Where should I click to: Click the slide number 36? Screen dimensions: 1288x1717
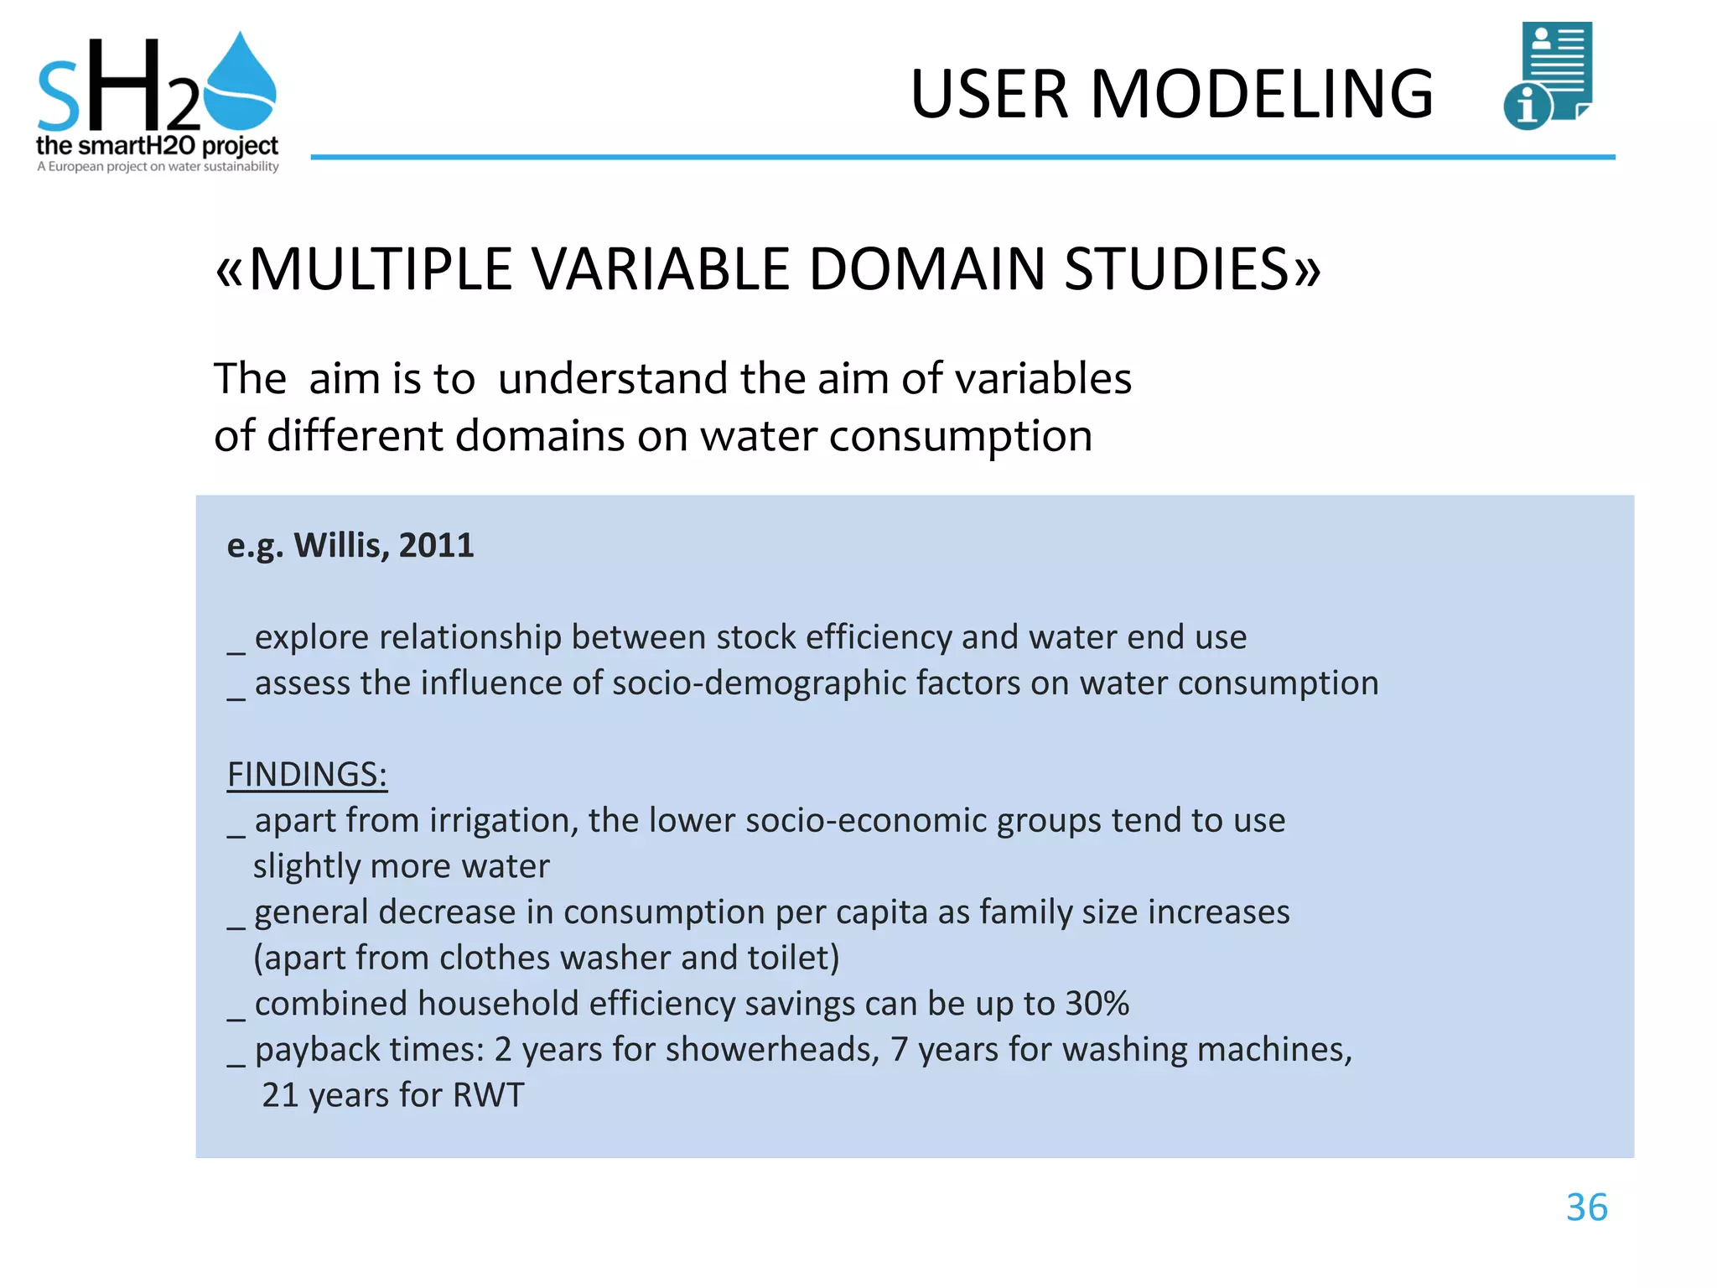point(1586,1208)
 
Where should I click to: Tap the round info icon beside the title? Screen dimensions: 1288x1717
point(1527,107)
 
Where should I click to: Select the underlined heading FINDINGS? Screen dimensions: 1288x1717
point(307,774)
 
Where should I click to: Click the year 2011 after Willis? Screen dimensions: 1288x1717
point(436,546)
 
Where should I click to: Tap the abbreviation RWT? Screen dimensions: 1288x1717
point(488,1095)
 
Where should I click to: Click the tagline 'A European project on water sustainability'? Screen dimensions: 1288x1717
point(158,167)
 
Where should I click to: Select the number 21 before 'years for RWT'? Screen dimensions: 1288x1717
point(280,1095)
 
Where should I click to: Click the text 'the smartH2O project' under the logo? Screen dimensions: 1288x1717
point(157,146)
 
